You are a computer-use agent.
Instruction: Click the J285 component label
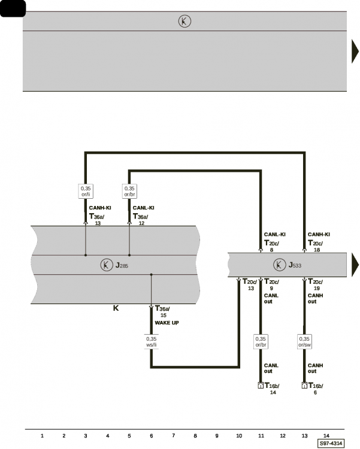(x=122, y=265)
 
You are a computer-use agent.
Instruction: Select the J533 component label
(x=295, y=265)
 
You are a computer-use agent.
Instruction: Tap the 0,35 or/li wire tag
(x=86, y=192)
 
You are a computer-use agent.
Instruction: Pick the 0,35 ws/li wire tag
(x=152, y=342)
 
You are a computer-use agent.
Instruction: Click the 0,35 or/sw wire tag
(x=304, y=342)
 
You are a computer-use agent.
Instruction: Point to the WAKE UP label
(x=167, y=323)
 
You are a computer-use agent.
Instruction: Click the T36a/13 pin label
(x=96, y=219)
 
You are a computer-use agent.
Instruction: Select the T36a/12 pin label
(x=140, y=219)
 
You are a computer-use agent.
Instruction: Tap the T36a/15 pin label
(x=162, y=311)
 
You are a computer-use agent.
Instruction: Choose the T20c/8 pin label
(x=271, y=245)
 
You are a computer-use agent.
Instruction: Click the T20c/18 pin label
(x=315, y=245)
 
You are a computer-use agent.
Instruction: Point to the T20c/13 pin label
(x=250, y=284)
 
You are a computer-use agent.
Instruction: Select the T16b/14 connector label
(x=272, y=389)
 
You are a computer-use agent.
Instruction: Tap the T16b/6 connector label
(x=316, y=389)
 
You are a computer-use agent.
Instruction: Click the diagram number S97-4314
(x=331, y=443)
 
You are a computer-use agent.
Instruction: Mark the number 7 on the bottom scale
(x=173, y=436)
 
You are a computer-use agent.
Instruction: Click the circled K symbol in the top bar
(x=184, y=21)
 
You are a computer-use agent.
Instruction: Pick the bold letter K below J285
(x=116, y=308)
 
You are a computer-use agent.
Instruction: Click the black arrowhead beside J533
(x=355, y=265)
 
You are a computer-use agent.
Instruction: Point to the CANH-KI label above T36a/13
(x=100, y=208)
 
